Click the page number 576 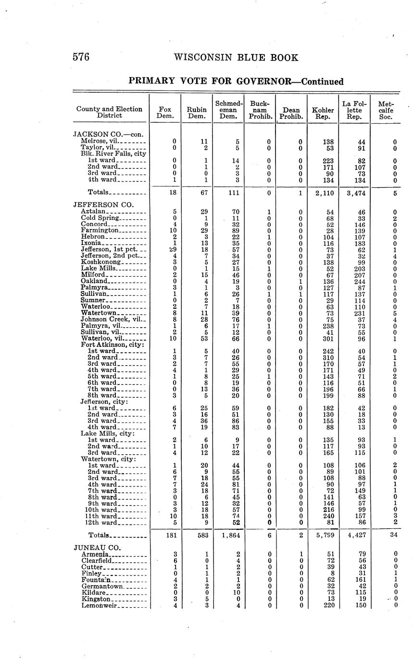(x=81, y=57)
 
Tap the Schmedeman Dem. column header (x=229, y=110)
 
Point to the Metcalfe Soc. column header (x=386, y=110)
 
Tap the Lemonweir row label (x=100, y=605)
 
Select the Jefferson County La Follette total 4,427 (x=355, y=535)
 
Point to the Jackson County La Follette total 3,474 (x=355, y=192)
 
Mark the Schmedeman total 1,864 (x=229, y=535)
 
